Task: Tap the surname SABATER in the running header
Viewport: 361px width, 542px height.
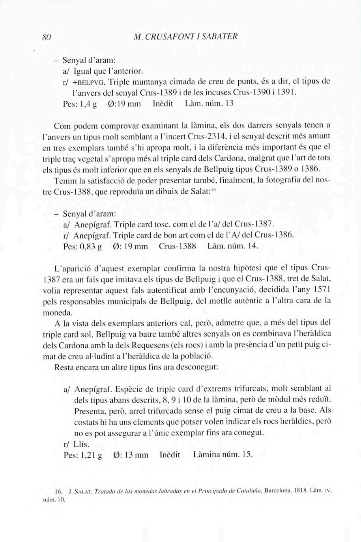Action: point(221,37)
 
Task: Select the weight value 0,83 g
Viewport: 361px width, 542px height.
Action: point(90,247)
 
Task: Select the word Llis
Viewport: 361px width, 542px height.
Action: point(81,444)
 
